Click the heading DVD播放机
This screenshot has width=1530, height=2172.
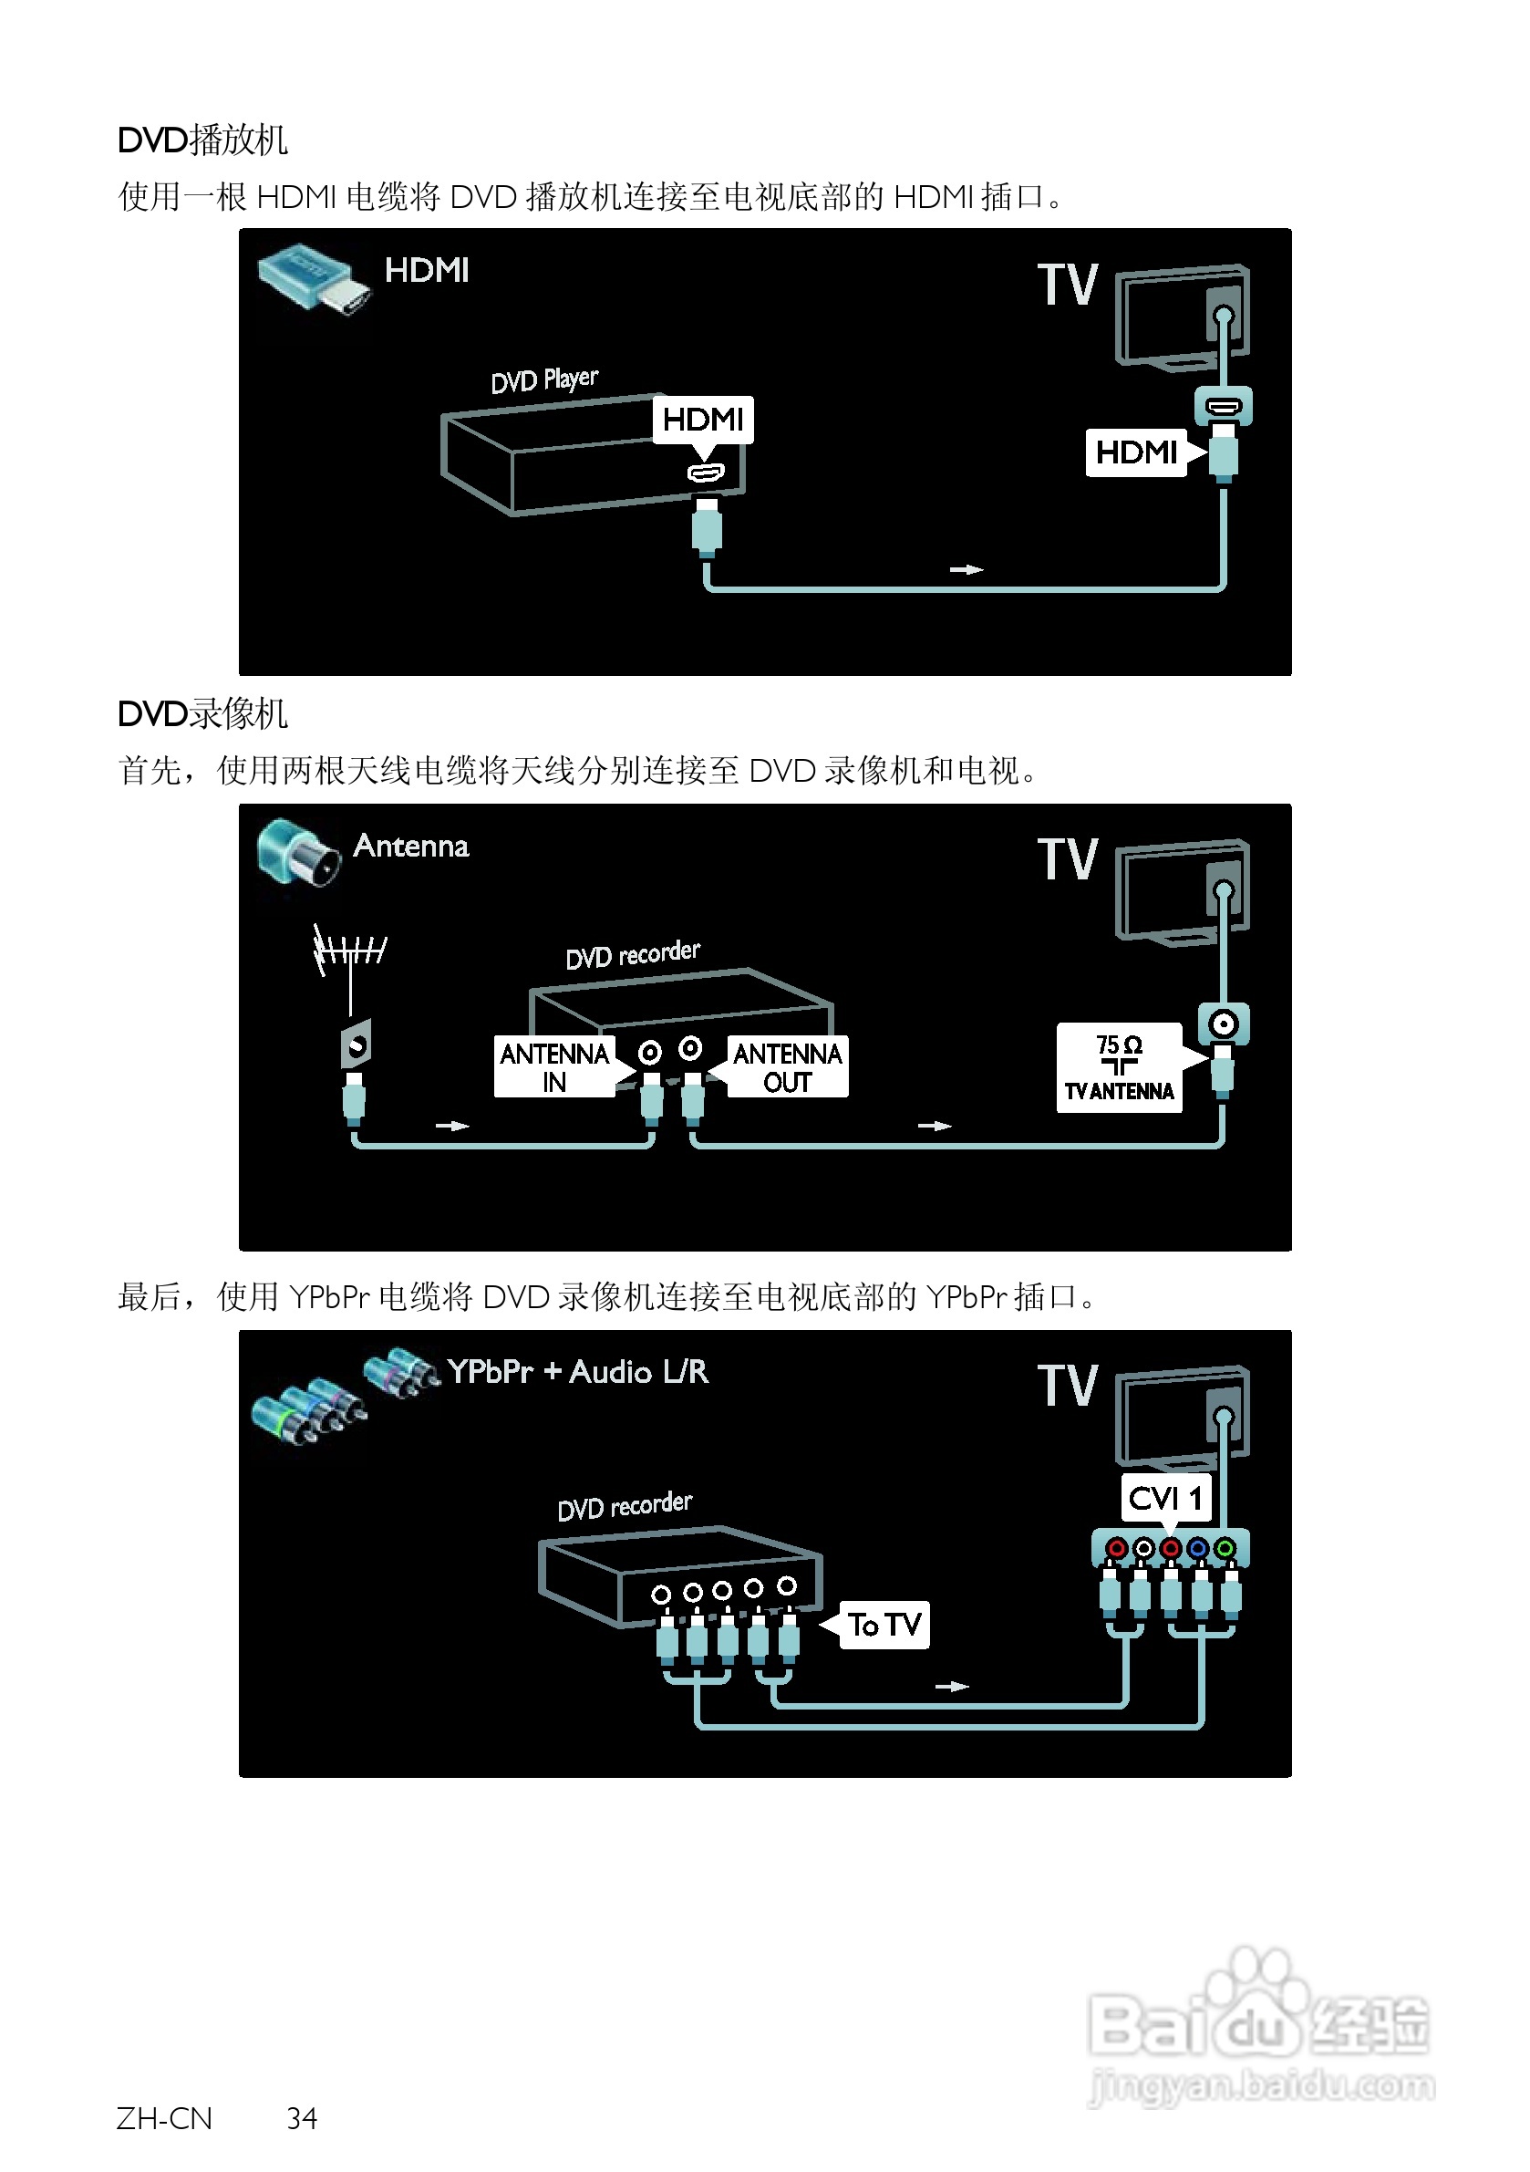tap(202, 140)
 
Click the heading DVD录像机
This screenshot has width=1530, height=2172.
tap(202, 714)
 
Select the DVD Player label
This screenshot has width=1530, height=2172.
tap(543, 380)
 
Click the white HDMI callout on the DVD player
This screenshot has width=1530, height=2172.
tap(703, 419)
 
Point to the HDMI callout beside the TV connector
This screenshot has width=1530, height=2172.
tap(1136, 452)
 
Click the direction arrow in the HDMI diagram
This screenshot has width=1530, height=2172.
tap(967, 569)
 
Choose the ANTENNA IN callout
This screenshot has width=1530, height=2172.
tap(554, 1067)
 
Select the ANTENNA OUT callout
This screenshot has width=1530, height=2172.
tap(787, 1067)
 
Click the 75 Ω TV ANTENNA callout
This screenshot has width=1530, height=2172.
tap(1119, 1067)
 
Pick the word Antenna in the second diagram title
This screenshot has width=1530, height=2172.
tap(410, 846)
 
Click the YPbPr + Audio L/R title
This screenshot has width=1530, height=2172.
tap(577, 1372)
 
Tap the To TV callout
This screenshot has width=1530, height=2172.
tap(884, 1626)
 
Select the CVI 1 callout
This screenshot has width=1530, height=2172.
tap(1165, 1499)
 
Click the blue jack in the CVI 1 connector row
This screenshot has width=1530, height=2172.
tap(1198, 1549)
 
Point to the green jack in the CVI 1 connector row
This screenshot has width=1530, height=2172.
tap(1225, 1549)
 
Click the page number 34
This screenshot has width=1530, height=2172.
tap(302, 2118)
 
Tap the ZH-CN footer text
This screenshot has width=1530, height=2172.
tap(164, 2118)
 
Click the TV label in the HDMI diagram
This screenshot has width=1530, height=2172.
tap(1068, 285)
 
